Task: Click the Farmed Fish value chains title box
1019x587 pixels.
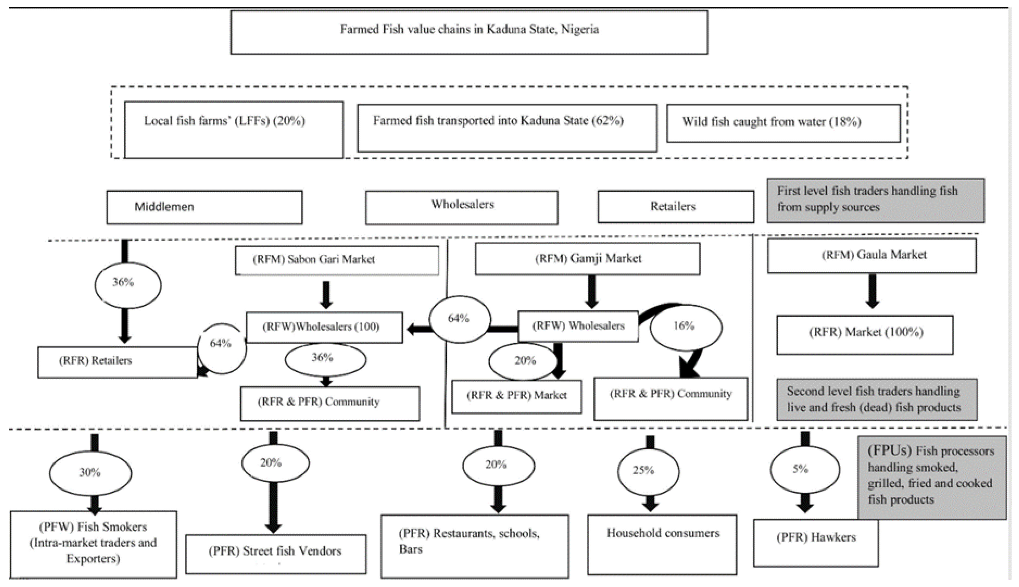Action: pos(469,32)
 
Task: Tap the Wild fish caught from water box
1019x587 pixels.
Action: pos(783,123)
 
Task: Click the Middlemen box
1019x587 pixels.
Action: pos(204,207)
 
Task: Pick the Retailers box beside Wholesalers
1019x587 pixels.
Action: pos(676,206)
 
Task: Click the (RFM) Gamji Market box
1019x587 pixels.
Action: pos(587,259)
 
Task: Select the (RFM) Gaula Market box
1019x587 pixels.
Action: pos(872,255)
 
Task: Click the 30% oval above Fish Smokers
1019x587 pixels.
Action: pos(90,472)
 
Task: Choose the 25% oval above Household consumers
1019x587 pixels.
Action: pos(648,471)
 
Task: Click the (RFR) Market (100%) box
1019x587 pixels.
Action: pos(865,334)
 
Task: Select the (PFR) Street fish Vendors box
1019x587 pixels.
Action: pos(276,554)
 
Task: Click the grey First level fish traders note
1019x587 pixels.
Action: pos(875,200)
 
